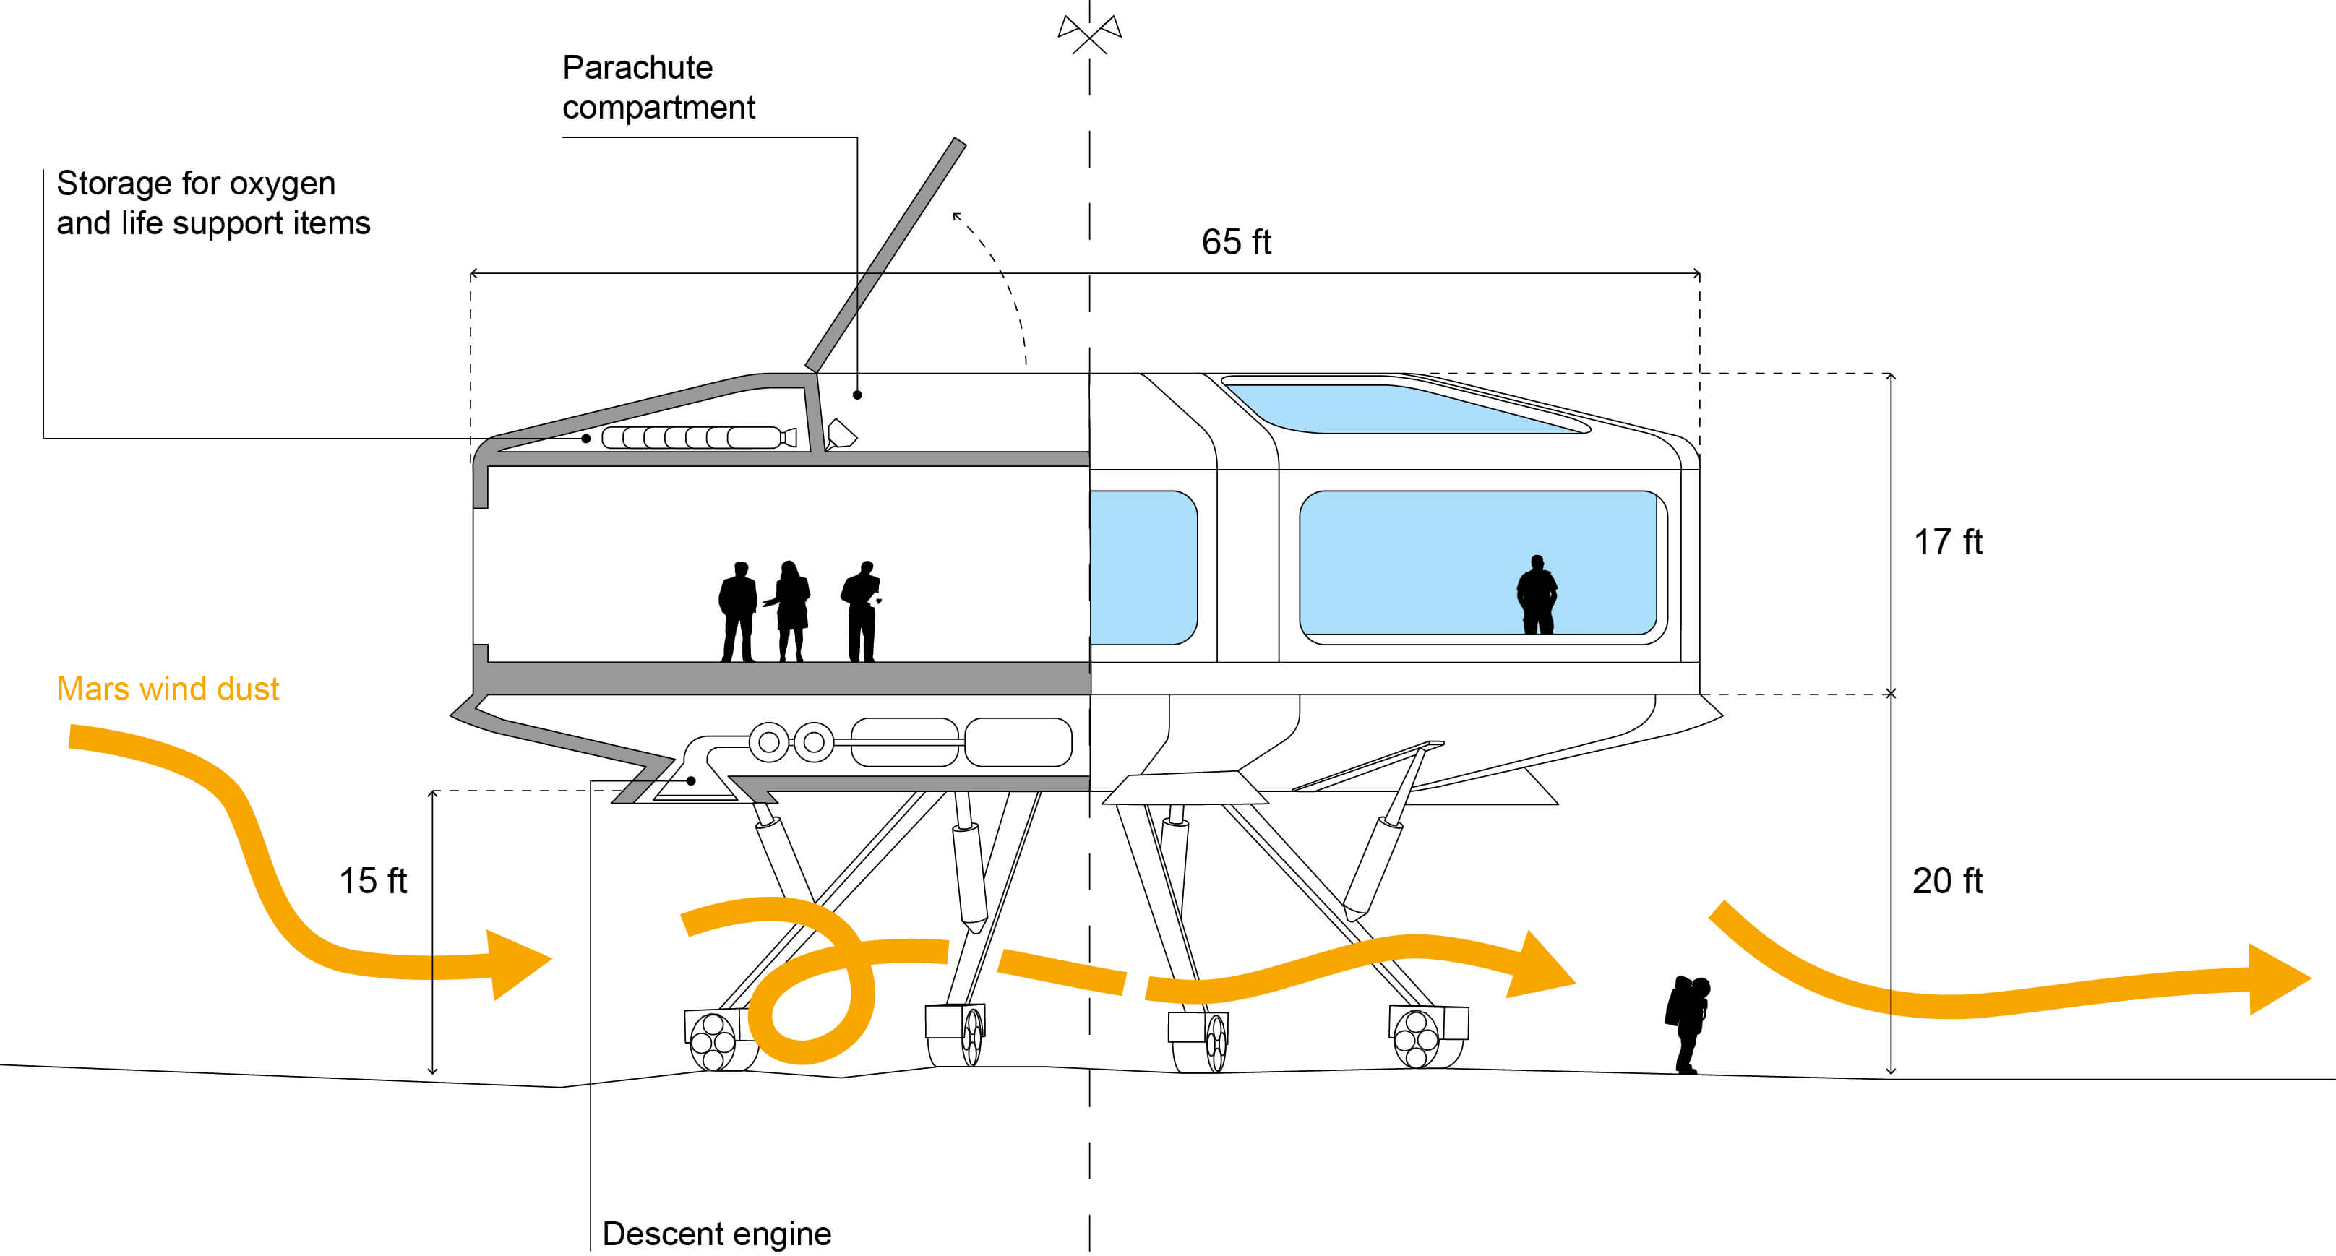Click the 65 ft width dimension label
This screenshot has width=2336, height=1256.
point(1236,242)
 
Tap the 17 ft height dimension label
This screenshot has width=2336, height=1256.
point(1948,542)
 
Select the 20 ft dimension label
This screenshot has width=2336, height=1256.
point(1948,880)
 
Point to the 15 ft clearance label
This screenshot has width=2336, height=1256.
point(373,880)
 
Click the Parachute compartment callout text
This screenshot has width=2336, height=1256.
point(658,87)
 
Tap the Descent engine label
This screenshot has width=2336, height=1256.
point(716,1234)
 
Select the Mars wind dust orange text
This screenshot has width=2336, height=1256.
point(168,689)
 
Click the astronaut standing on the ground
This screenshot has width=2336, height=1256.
point(1688,1025)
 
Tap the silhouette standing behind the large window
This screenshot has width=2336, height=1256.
point(1537,594)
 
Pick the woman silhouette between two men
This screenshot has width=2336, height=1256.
point(790,611)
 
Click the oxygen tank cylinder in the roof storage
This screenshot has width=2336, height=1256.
point(699,438)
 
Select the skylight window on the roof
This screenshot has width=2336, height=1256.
point(1406,408)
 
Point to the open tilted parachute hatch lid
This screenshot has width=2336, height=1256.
point(885,255)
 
